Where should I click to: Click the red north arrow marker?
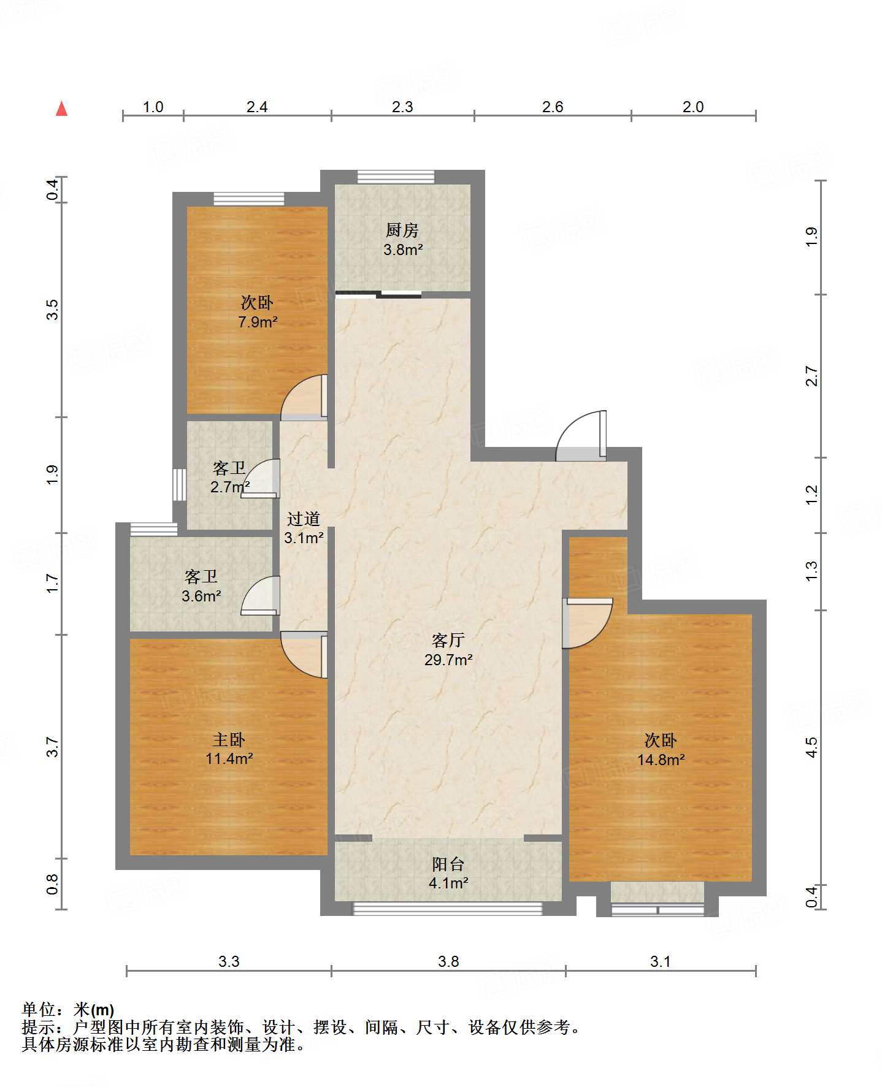coord(61,109)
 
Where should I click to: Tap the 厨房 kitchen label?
coord(402,230)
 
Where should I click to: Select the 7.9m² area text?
coord(258,322)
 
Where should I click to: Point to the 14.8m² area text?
coord(661,760)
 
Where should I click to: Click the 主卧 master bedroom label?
coord(229,739)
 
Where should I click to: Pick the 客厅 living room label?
coord(448,641)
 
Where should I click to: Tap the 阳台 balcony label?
coord(448,864)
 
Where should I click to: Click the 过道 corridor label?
coord(304,519)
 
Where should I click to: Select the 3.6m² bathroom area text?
coord(201,596)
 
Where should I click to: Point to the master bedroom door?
coord(304,654)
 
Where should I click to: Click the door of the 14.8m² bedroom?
coord(588,623)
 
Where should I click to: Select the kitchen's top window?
coord(396,177)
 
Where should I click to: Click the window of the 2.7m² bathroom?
coord(179,484)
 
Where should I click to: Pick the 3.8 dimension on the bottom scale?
coord(448,961)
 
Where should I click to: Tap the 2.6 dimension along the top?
coord(553,107)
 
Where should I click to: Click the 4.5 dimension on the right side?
coord(811,747)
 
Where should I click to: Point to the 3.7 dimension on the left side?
coord(52,747)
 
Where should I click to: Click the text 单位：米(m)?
coord(68,1009)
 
